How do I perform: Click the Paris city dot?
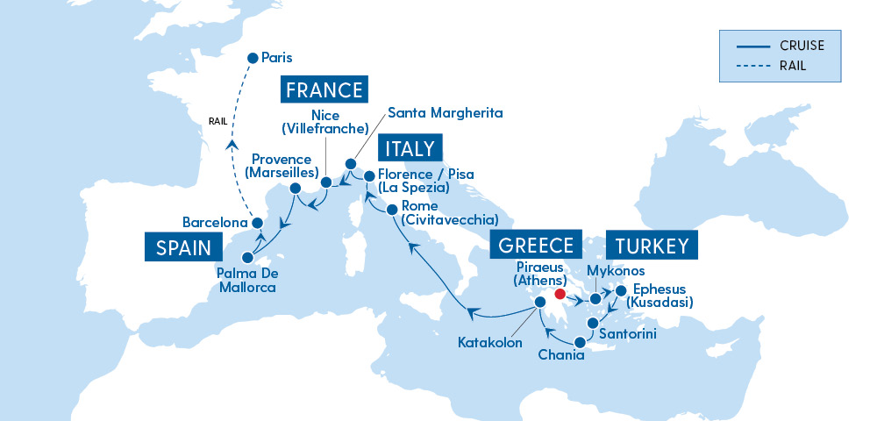(253, 57)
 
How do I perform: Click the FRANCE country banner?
(324, 90)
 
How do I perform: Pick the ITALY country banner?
(410, 149)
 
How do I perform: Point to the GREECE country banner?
(536, 246)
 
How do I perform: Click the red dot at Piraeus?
(560, 294)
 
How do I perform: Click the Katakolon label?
(490, 342)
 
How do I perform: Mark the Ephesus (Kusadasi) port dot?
(621, 291)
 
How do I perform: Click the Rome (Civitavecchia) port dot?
(392, 210)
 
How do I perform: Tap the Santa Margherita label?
(446, 113)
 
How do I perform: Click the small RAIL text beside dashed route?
(218, 122)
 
